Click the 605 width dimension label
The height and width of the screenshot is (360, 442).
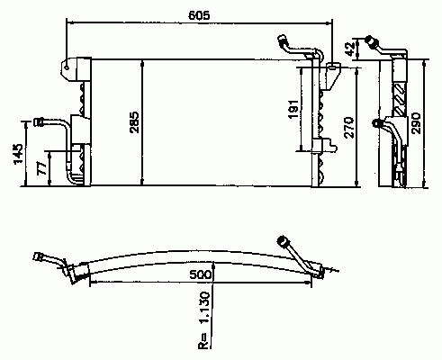tap(199, 15)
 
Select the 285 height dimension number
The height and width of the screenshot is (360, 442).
tap(135, 122)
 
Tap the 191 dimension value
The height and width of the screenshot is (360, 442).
tap(293, 109)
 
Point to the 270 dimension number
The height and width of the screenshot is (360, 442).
tap(349, 128)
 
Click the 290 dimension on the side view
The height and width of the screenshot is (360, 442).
tap(416, 123)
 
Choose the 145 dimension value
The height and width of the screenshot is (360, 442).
tap(18, 153)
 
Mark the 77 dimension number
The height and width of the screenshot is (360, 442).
tap(41, 168)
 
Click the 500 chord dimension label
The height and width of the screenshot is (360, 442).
tap(201, 274)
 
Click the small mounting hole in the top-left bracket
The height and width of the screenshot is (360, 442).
tap(67, 67)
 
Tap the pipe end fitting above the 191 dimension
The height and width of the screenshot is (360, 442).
tap(282, 40)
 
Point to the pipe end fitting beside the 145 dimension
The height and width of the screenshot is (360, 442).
tap(39, 122)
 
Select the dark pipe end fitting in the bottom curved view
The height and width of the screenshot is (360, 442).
tap(282, 241)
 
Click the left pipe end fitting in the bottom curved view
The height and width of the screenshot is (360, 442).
tap(38, 257)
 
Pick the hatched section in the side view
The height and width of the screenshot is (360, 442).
tap(400, 99)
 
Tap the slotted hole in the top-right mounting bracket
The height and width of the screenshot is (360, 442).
tap(332, 66)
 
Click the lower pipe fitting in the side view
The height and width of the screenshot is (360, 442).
tap(377, 122)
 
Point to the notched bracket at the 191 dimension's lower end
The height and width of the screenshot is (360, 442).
tap(324, 146)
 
